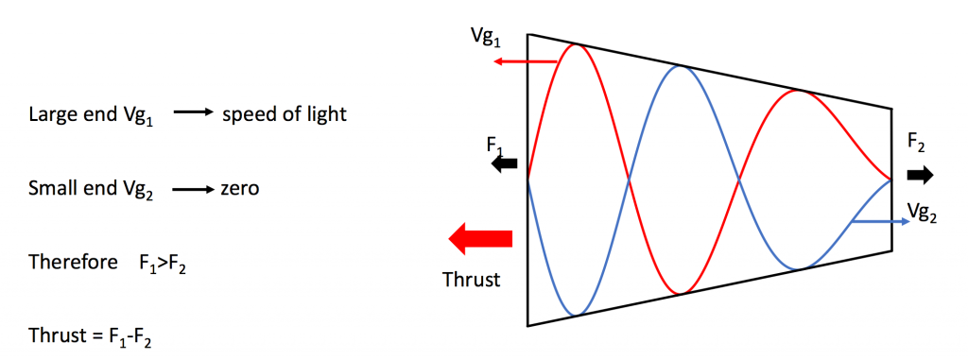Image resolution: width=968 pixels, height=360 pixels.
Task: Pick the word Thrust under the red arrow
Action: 469,279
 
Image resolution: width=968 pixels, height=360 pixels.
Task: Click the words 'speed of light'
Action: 285,115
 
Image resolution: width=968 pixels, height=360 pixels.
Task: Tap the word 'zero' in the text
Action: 239,188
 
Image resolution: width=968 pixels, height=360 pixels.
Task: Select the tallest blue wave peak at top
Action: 678,65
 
